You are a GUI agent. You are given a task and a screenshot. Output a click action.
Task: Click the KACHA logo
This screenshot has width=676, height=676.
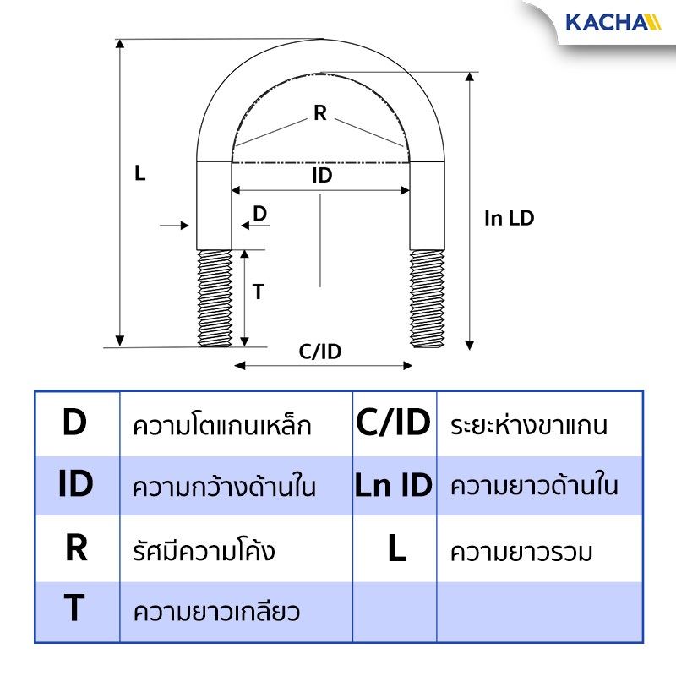[613, 23]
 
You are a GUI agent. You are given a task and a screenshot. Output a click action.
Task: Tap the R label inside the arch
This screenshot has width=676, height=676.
[320, 113]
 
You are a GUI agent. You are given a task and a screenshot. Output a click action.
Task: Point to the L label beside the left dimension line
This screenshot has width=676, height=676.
[139, 173]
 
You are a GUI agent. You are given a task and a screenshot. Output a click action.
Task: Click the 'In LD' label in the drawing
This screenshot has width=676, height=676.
[510, 218]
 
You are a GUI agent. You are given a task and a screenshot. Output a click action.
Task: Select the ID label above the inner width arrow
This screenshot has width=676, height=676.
[322, 175]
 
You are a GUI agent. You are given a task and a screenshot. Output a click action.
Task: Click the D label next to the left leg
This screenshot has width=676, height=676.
[260, 214]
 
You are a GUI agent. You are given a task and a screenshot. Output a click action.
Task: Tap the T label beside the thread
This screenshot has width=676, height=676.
[259, 292]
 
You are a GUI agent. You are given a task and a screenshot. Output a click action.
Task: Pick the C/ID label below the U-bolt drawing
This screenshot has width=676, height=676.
[320, 352]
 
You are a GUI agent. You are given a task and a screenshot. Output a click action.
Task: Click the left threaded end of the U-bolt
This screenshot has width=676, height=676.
[215, 298]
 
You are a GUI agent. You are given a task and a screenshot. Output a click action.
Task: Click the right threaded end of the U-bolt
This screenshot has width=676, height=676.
[428, 298]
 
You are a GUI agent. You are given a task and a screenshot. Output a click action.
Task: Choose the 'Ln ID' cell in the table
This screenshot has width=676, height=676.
[394, 485]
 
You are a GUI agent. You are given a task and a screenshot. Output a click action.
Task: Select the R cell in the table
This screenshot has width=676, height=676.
[76, 548]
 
